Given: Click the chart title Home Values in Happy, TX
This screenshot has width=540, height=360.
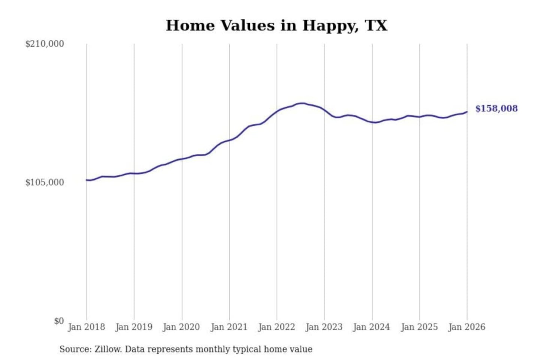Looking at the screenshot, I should tap(276, 25).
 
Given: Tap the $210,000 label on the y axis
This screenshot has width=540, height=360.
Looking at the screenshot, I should tap(45, 44).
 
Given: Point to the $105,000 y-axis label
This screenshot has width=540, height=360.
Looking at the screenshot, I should tap(45, 182).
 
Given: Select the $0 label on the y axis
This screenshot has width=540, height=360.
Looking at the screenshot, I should tap(59, 321).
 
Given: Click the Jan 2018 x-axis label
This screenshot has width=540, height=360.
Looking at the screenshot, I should tap(86, 327).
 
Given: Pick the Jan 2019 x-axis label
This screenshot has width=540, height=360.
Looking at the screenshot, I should tap(134, 327).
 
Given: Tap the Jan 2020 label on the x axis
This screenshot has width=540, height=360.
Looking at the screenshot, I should tap(181, 327).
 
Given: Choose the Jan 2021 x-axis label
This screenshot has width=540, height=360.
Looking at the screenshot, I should tap(229, 327).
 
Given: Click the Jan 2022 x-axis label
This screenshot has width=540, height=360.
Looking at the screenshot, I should tap(277, 327).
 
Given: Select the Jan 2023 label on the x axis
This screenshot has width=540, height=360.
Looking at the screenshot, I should tap(324, 327).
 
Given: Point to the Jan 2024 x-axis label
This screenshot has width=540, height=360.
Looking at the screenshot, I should tap(372, 327).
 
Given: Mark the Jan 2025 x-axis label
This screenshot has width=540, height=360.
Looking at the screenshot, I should tap(419, 327).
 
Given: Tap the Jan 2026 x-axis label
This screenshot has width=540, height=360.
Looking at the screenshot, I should tap(467, 327).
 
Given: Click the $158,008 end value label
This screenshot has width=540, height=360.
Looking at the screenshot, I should tap(496, 109).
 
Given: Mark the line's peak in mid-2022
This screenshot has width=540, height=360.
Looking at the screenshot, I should tap(301, 103).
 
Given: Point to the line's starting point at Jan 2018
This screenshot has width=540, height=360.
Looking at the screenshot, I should tap(87, 180).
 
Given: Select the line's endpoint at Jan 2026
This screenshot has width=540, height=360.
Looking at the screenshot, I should tap(467, 111).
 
